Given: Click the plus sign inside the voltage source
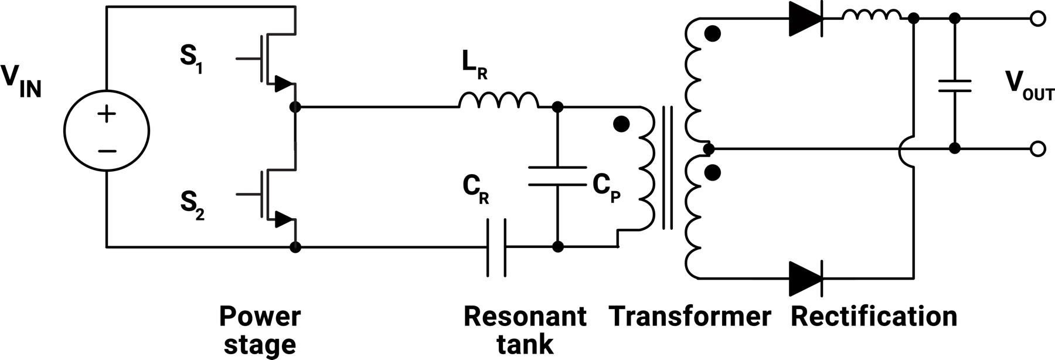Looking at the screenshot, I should [x=107, y=114].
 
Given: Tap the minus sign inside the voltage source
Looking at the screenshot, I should [x=107, y=151].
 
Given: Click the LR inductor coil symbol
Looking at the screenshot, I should [x=498, y=101].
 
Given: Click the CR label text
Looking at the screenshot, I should [x=475, y=189].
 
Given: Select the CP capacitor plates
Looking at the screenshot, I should [x=557, y=176].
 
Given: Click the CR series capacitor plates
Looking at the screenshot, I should [x=496, y=247].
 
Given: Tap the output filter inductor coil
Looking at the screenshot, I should [x=872, y=15].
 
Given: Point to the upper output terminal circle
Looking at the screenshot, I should [x=1037, y=19].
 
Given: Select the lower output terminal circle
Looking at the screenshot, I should [x=1037, y=149].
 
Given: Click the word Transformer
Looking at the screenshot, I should [x=690, y=317].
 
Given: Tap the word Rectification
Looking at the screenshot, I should [x=874, y=317].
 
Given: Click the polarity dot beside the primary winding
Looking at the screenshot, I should [x=621, y=124].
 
